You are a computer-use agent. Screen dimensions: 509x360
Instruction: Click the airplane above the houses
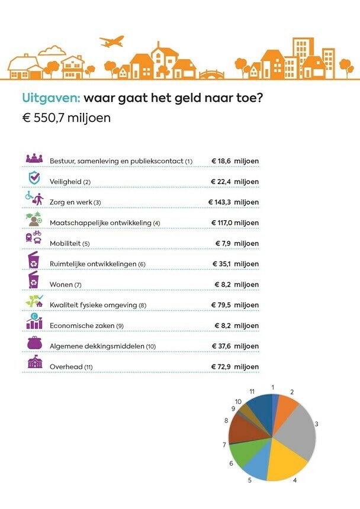click(x=112, y=41)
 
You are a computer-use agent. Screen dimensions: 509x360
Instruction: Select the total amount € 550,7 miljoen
click(x=66, y=117)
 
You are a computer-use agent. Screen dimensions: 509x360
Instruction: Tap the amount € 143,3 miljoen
click(x=233, y=202)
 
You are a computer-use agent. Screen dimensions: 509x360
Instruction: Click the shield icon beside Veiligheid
click(x=34, y=178)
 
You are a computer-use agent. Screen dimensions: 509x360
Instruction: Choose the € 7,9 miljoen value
click(x=236, y=243)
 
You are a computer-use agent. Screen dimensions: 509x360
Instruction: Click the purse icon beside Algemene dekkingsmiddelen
click(x=34, y=342)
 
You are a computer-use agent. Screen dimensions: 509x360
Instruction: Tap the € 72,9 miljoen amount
click(x=235, y=367)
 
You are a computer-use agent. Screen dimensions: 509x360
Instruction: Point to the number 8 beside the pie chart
click(x=226, y=420)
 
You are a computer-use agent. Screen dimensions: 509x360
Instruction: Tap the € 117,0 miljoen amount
click(x=235, y=223)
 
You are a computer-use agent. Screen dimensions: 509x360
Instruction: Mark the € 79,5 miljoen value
click(x=235, y=305)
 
